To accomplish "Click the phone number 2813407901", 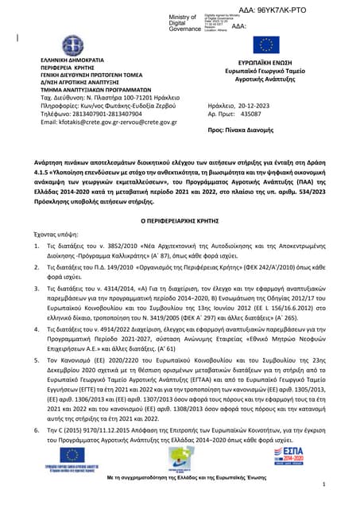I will [94, 114].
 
